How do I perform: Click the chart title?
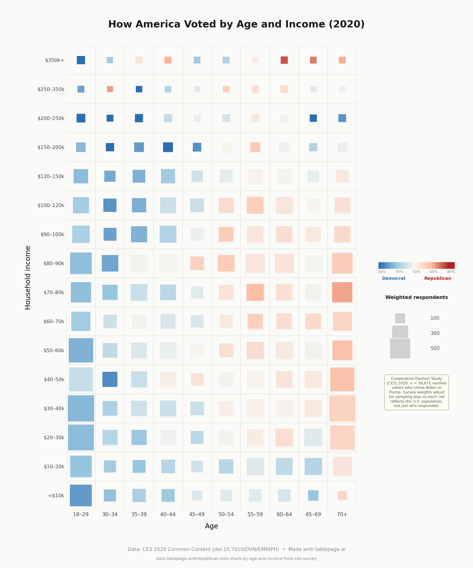point(236,24)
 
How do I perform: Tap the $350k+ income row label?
point(55,60)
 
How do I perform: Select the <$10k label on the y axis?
point(56,495)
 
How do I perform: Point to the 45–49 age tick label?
point(197,514)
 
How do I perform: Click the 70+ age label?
point(342,514)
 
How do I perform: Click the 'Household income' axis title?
point(28,278)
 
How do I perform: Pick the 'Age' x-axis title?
point(211,526)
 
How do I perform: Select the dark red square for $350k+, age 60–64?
point(284,60)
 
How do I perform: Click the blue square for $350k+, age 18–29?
point(81,60)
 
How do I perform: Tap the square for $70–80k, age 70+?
point(342,292)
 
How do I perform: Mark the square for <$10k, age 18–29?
point(81,495)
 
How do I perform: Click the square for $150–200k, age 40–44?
point(168,147)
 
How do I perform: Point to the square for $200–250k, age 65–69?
point(313,118)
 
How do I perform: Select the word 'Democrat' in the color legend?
point(393,278)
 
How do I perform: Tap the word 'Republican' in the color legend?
point(437,278)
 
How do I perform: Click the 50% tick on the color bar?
point(416,272)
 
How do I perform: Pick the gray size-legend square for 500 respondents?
point(400,348)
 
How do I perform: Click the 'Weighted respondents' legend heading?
point(416,297)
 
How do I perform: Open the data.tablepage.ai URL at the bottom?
point(236,559)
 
